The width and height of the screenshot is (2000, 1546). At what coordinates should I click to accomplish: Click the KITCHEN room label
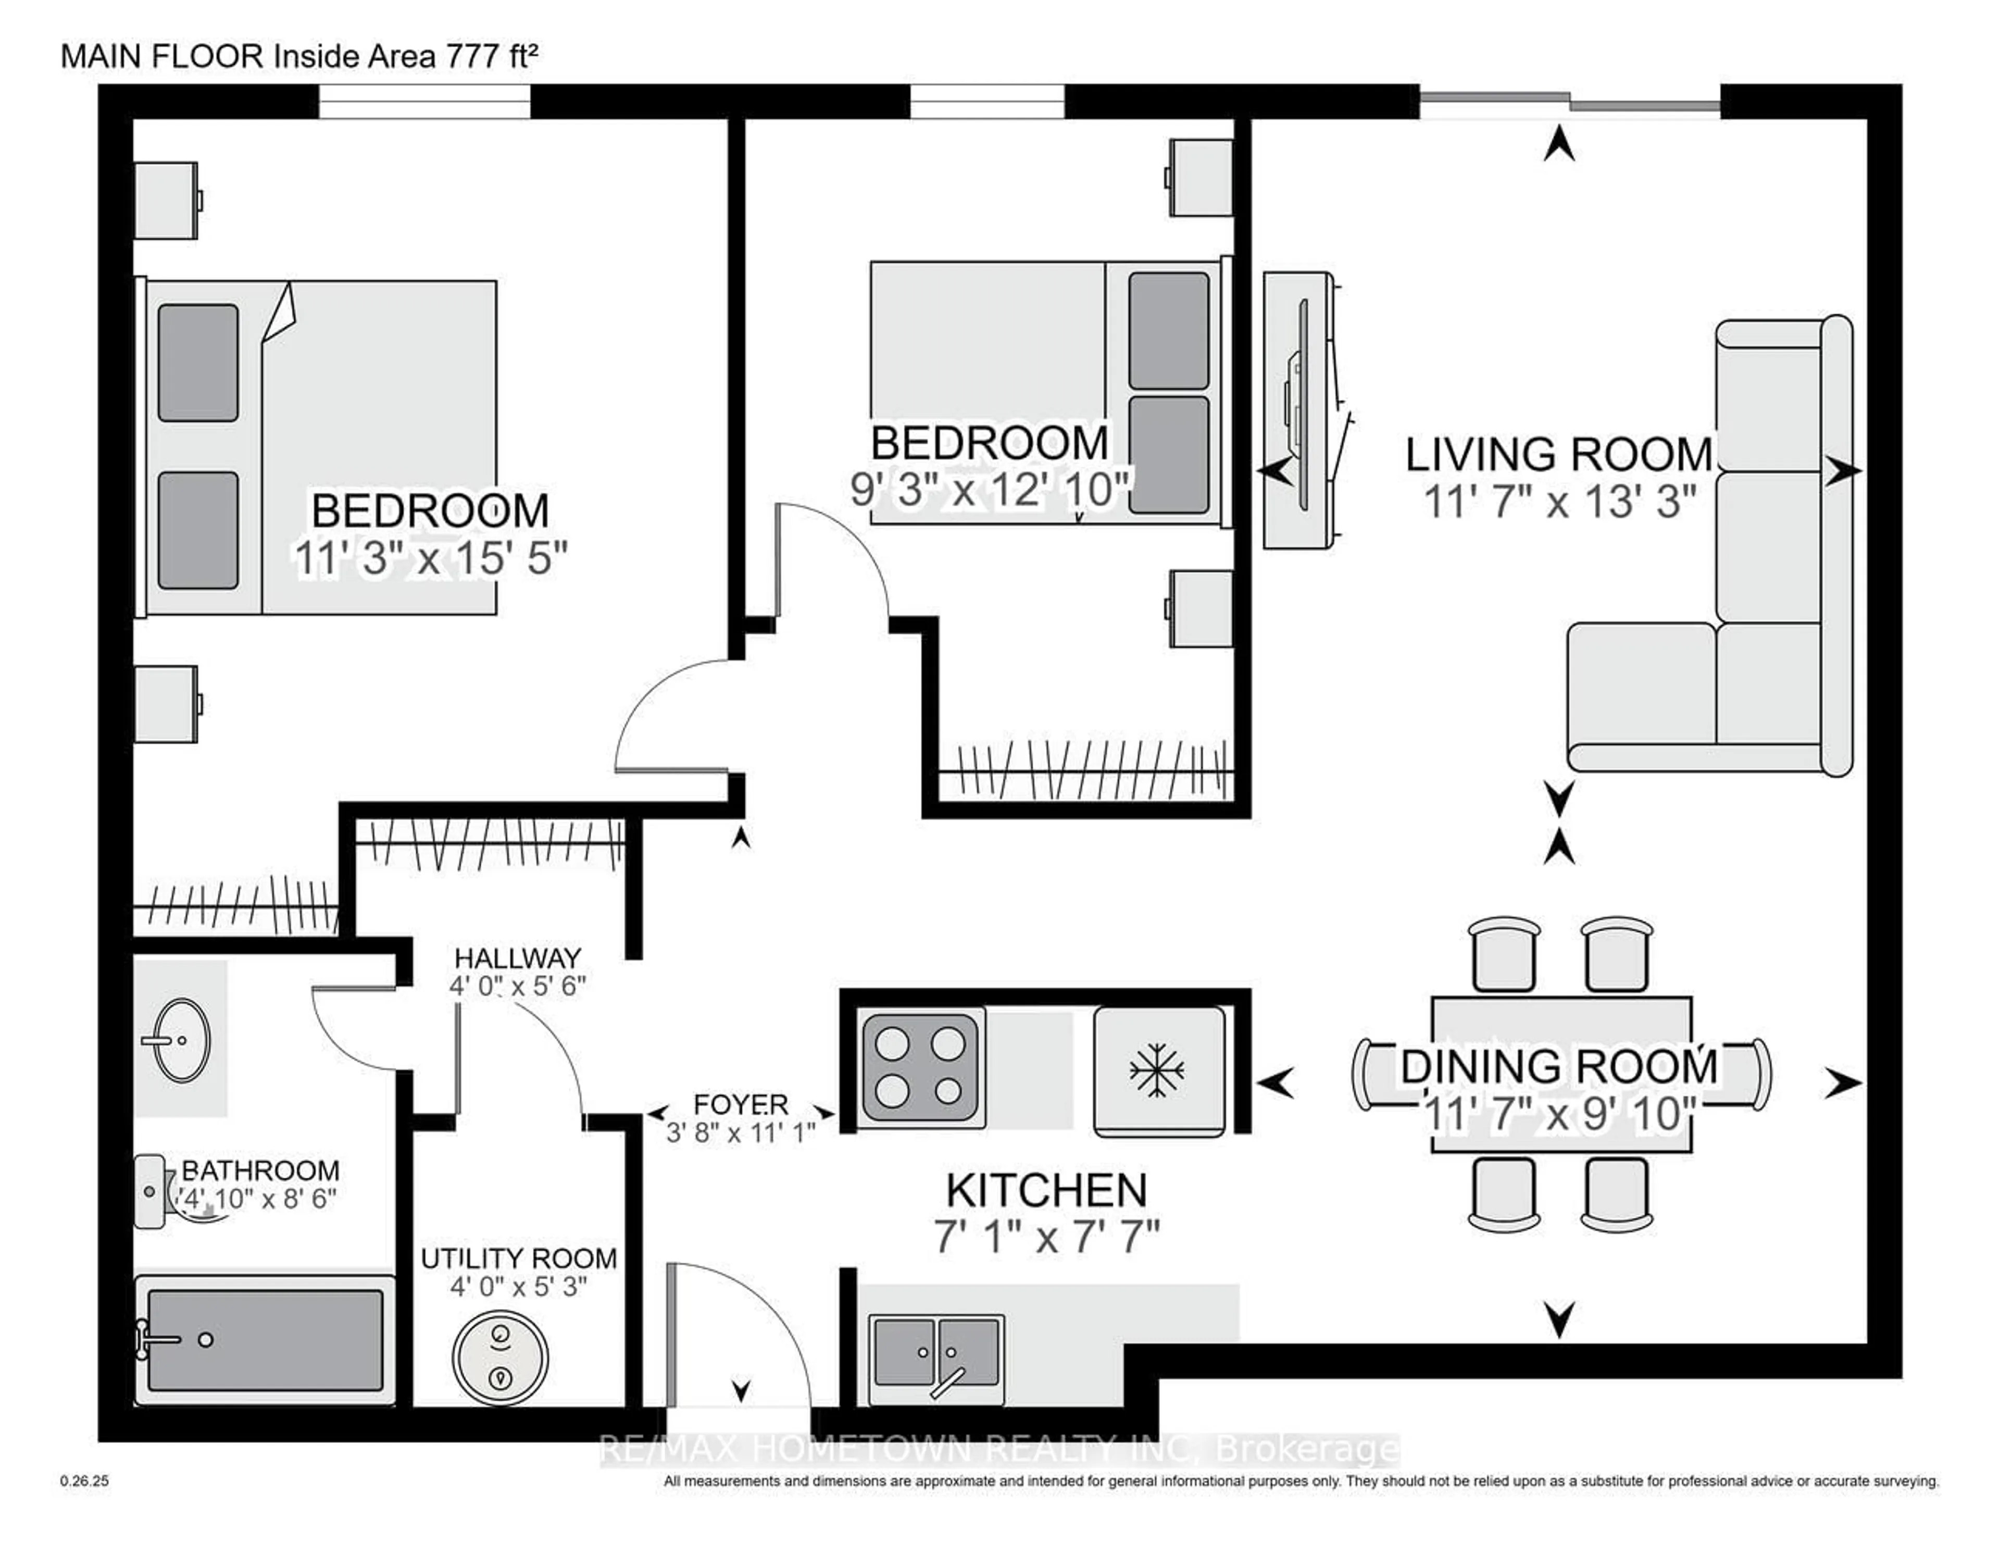coord(1046,1191)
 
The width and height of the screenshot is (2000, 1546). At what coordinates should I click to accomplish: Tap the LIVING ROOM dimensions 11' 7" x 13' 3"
coord(1559,502)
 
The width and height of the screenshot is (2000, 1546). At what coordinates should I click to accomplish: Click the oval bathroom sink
coord(180,1040)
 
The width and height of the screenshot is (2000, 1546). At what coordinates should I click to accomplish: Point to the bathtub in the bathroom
coord(266,1340)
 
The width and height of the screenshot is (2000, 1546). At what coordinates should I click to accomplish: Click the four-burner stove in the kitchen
coord(920,1067)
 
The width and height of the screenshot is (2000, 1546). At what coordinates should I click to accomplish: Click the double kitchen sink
coord(936,1353)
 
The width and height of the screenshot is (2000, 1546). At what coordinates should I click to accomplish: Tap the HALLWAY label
coord(517,958)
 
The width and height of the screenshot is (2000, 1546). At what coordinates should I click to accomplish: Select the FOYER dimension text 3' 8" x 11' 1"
coord(740,1133)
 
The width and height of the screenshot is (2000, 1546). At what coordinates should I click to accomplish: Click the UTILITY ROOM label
coord(518,1258)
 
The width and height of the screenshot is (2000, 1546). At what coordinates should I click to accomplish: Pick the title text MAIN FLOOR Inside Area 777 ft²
coord(298,57)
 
